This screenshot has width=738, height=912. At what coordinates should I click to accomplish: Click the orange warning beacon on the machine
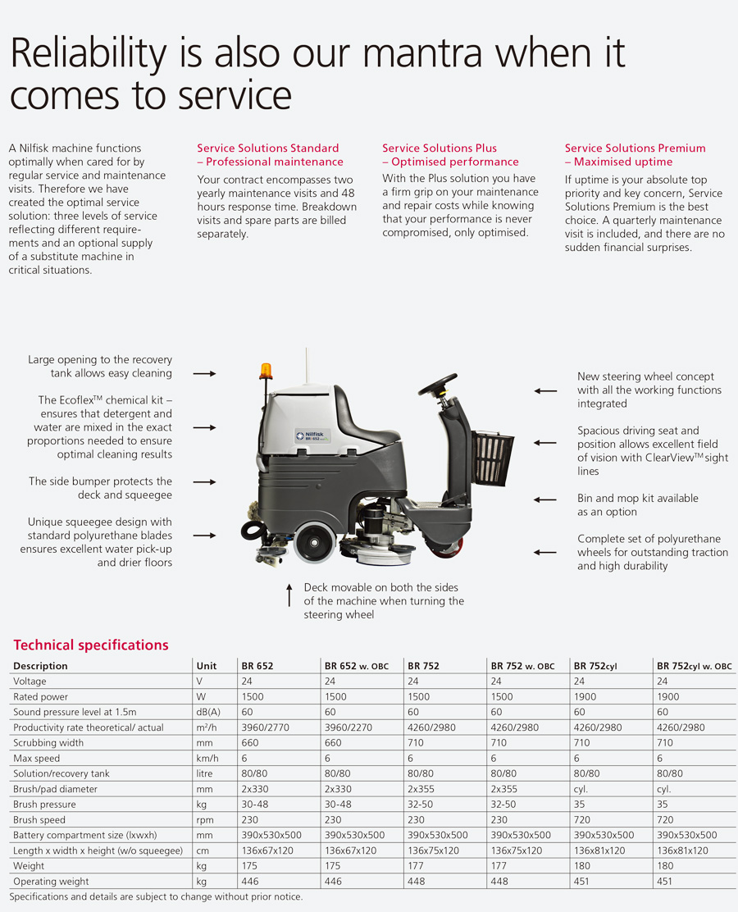pos(266,371)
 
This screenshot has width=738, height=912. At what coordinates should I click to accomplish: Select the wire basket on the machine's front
pos(492,458)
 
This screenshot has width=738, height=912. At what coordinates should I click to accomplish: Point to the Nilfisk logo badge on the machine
pos(313,435)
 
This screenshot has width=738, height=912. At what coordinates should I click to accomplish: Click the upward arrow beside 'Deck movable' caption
pos(289,595)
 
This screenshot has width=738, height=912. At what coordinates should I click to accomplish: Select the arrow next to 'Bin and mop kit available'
pos(545,499)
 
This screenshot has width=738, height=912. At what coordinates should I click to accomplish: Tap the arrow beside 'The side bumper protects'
pos(205,482)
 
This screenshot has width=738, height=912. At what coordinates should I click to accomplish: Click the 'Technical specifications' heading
pos(91,645)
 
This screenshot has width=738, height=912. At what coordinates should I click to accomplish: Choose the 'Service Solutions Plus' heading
pos(440,148)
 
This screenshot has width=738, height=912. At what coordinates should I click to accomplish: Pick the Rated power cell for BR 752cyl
pos(585,697)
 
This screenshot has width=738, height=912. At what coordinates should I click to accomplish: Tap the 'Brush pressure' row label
pos(44,805)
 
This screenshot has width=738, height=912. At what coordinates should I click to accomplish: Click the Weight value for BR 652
pos(249,866)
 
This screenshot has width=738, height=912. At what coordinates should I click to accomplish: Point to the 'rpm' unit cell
pos(205,820)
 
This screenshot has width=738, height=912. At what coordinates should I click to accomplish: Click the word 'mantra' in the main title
pos(423,53)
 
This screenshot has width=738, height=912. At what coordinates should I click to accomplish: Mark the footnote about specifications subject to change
pos(156,897)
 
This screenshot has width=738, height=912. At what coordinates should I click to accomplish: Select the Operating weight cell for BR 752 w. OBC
pos(499,882)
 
